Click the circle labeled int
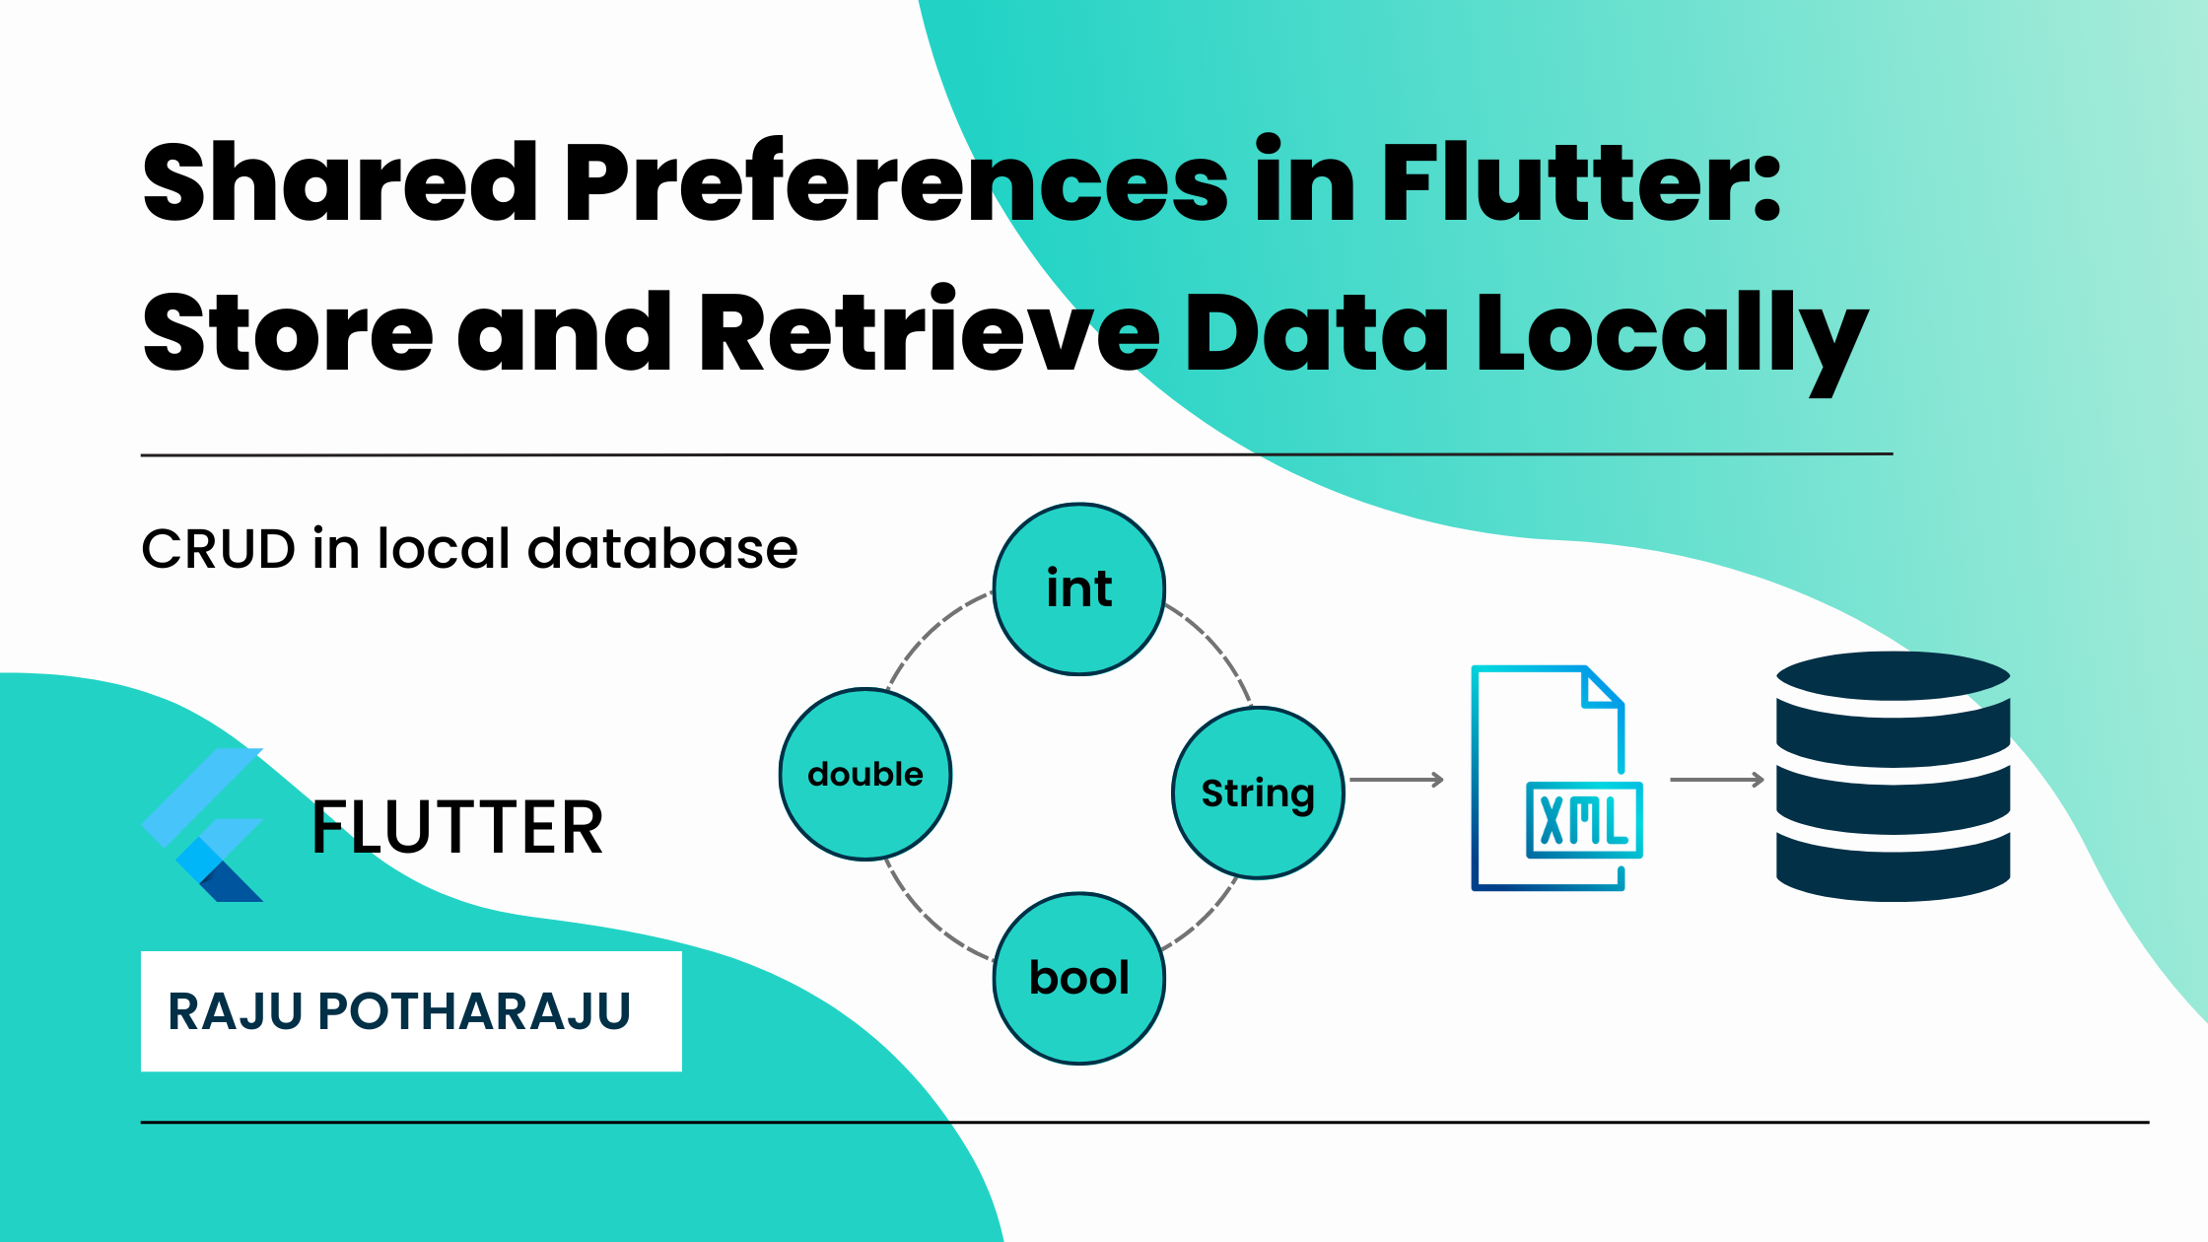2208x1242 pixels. (x=1079, y=589)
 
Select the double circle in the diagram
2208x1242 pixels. (x=865, y=774)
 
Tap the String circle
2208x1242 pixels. (x=1258, y=793)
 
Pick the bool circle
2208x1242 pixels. (x=1079, y=978)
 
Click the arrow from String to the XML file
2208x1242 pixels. (x=1396, y=780)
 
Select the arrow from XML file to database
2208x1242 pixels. (x=1716, y=780)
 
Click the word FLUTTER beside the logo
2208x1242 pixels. (x=456, y=828)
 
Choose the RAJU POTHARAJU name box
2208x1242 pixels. (x=411, y=1011)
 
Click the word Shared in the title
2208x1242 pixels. (x=340, y=183)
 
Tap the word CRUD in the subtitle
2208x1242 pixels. (x=219, y=549)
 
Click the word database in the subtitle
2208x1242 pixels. (x=662, y=549)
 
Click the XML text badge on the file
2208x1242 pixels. (x=1584, y=820)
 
